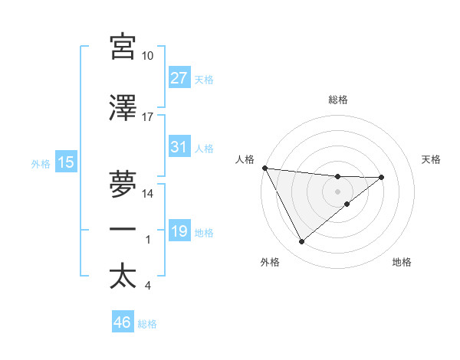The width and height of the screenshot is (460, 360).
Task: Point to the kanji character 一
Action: coord(123,228)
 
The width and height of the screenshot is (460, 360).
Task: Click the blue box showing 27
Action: coord(179,78)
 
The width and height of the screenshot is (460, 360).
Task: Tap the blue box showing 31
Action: coord(179,147)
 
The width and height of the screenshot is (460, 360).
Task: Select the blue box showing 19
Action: coord(179,231)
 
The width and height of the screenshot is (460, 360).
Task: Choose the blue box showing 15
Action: coord(66,162)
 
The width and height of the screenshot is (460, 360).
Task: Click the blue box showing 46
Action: coord(123,322)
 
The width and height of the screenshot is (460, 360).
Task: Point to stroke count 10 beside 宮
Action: coord(147,56)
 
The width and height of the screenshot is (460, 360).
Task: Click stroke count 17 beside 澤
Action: coord(147,117)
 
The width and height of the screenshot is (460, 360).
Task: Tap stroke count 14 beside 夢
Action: coord(147,194)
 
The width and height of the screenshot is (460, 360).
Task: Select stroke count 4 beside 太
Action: coord(147,286)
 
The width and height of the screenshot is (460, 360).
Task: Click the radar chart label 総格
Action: coord(337,100)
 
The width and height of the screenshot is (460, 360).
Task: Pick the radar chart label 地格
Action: coord(402,262)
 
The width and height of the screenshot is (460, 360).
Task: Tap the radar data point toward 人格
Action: coord(264,168)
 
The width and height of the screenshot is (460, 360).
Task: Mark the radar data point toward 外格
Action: coord(301,242)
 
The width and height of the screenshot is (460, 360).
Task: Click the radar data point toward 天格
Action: coord(382,177)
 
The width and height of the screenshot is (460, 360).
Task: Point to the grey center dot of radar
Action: coord(337,191)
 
